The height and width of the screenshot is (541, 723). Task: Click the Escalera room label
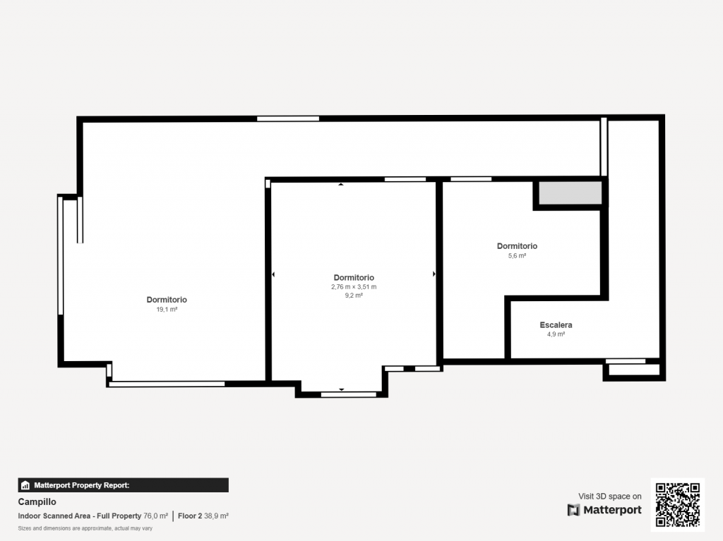[x=556, y=325]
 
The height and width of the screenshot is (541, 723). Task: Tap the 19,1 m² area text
[x=167, y=309]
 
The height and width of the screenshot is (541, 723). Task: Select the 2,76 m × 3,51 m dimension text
[x=354, y=286]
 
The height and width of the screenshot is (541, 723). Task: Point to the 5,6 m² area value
[x=517, y=256]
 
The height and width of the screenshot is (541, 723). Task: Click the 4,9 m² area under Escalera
[x=556, y=334]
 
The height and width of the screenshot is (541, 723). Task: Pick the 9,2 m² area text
[x=354, y=296]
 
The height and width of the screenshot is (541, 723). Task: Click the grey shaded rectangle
[x=570, y=193]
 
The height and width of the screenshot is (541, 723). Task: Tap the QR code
[x=677, y=504]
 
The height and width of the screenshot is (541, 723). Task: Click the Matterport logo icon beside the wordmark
[x=573, y=510]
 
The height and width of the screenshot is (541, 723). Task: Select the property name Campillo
[x=37, y=502]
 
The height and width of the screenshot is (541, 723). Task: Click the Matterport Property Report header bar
[x=123, y=485]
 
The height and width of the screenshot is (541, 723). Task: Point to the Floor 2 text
[x=190, y=516]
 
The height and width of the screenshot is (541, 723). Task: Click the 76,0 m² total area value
[x=156, y=516]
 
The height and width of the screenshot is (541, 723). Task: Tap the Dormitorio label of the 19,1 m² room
[x=167, y=300]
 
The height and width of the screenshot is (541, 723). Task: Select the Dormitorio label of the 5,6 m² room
[x=517, y=246]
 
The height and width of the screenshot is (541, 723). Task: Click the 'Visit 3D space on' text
[x=609, y=497]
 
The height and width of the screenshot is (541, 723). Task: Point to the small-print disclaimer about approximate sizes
[x=85, y=528]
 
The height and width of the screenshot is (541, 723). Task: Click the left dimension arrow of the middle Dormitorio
[x=273, y=274]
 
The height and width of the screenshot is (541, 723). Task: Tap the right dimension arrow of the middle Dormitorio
[x=434, y=274]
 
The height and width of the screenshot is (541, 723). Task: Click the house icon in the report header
[x=25, y=485]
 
